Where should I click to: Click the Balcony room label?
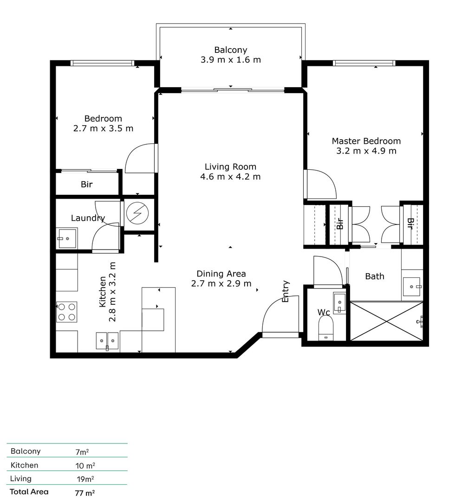[230, 50]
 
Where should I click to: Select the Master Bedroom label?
[366, 141]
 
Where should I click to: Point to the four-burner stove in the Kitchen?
[66, 312]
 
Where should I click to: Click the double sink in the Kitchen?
[107, 340]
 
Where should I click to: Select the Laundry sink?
[67, 238]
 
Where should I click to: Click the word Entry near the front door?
[286, 291]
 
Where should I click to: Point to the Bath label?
[374, 276]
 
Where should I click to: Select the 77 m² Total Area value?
[85, 493]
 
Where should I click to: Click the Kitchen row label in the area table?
[25, 465]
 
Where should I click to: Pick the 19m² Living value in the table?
[85, 479]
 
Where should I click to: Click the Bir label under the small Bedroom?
[87, 185]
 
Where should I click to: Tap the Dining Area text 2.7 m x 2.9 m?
[221, 284]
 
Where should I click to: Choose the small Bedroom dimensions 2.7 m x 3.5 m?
[103, 128]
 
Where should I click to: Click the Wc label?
[324, 312]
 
